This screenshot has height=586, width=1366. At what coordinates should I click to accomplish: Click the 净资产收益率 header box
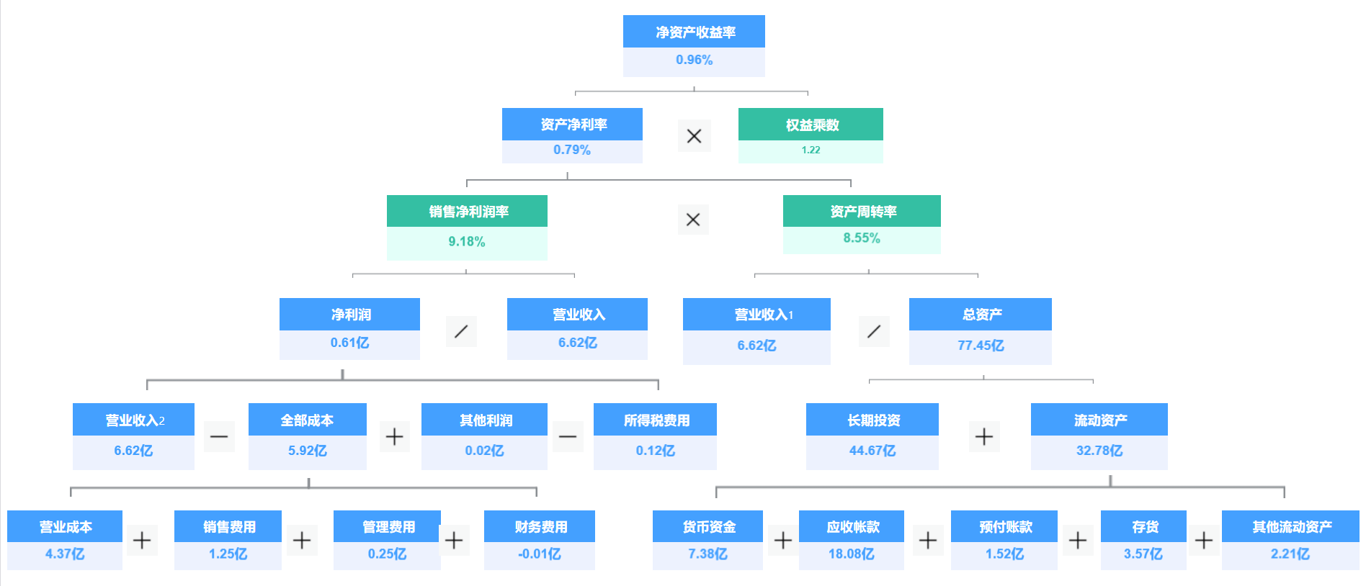coord(694,32)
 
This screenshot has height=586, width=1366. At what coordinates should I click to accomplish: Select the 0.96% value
coord(694,60)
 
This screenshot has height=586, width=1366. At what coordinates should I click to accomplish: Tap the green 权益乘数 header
coord(811,125)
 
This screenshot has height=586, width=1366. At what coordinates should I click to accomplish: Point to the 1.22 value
coord(811,150)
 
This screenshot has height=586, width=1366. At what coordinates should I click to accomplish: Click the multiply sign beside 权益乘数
coord(694,136)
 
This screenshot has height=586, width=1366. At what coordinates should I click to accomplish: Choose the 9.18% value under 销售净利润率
coord(466,242)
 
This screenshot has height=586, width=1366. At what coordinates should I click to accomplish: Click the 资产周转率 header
coord(862,212)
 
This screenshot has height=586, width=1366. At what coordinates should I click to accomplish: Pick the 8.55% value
coord(862,238)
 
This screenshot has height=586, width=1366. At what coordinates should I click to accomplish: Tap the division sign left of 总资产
coord(874,331)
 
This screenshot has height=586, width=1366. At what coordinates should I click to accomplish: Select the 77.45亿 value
coord(980,346)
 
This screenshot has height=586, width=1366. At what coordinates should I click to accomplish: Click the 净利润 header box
coord(350,315)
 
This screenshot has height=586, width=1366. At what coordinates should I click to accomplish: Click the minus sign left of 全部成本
coord(219,436)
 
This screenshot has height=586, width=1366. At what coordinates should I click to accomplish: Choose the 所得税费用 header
coord(656,420)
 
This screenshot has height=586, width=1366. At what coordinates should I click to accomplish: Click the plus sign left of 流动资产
coord(984,436)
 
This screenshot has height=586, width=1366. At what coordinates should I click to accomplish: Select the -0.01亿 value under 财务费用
coord(539,554)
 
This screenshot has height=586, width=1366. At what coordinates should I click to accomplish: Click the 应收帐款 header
coord(852,527)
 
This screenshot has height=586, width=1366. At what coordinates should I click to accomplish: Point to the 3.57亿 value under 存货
coord(1143,554)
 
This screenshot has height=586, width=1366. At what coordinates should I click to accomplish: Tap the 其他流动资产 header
coord(1291,527)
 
